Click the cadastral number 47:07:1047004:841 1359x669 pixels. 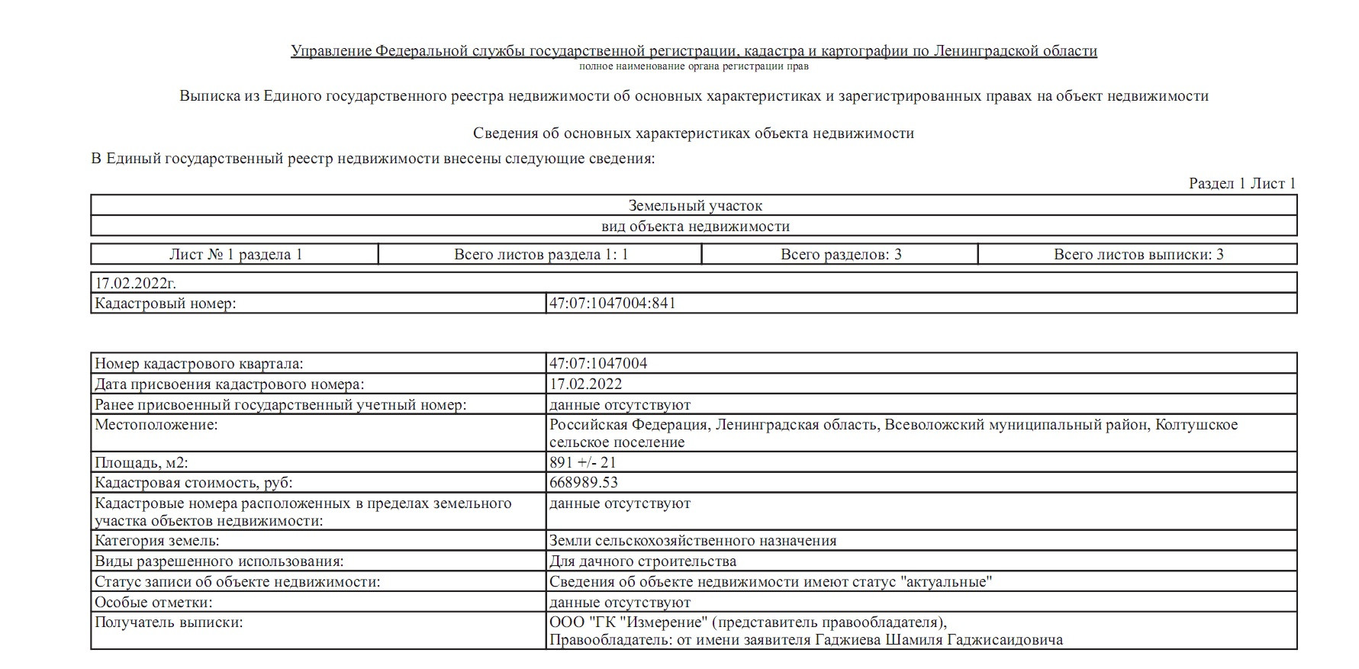(x=613, y=304)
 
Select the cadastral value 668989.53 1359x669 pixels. (x=584, y=483)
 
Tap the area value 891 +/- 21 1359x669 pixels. (x=582, y=462)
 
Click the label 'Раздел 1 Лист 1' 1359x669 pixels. (x=1241, y=184)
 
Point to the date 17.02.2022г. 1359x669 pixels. (x=135, y=283)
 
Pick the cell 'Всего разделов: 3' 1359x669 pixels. (x=840, y=255)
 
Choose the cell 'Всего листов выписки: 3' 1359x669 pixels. (x=1138, y=255)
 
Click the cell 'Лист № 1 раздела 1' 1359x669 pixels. (x=235, y=255)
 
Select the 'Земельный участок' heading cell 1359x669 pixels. (x=694, y=206)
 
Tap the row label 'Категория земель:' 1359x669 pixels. (x=156, y=541)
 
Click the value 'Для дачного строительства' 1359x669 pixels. (x=642, y=561)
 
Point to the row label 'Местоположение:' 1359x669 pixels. (x=156, y=425)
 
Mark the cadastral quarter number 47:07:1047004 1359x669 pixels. (x=598, y=364)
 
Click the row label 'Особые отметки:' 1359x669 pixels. (x=153, y=603)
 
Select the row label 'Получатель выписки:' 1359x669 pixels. (x=168, y=622)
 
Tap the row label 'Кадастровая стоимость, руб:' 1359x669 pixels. (x=193, y=483)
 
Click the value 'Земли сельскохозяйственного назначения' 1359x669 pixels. (x=693, y=541)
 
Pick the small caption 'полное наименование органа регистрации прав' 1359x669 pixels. (x=694, y=66)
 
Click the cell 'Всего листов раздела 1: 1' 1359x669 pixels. (x=540, y=255)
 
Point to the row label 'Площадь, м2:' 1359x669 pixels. (x=140, y=462)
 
